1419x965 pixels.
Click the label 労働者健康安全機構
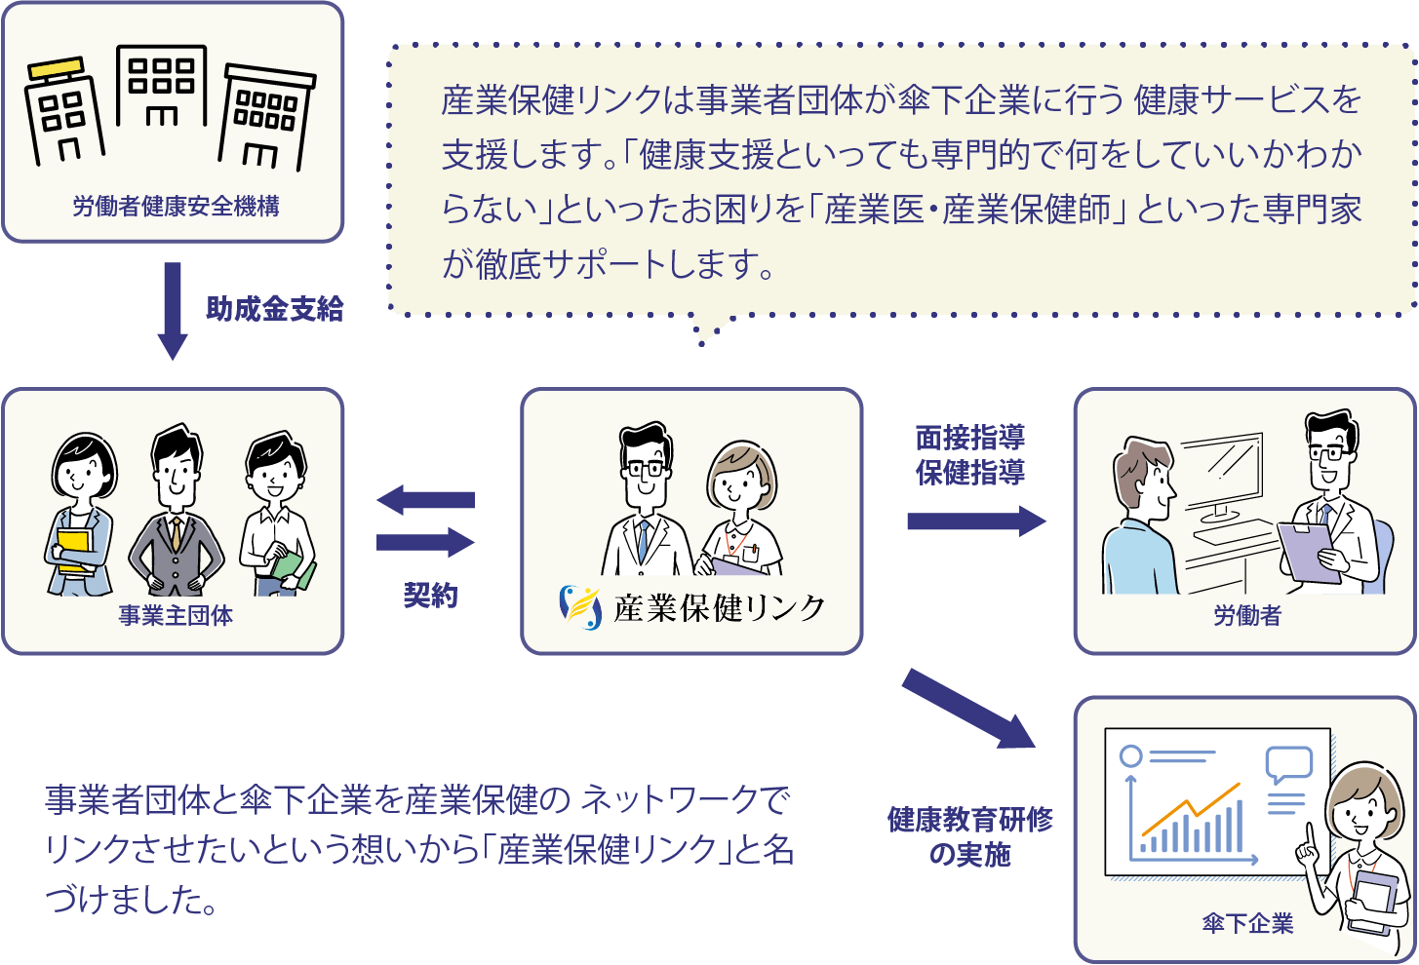(176, 207)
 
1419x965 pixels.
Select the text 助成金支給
(274, 310)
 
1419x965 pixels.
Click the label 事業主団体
(176, 616)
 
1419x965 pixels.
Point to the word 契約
(430, 596)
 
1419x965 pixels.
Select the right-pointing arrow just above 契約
(426, 542)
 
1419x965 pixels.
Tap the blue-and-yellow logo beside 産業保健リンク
(580, 607)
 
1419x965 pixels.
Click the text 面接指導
(969, 438)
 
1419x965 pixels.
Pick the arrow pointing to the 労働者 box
(975, 521)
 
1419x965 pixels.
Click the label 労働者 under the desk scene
(1246, 616)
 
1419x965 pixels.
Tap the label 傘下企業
(1247, 923)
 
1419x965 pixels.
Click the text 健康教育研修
(969, 820)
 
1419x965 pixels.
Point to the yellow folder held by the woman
(72, 552)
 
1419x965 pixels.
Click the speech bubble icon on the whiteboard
(1288, 763)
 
